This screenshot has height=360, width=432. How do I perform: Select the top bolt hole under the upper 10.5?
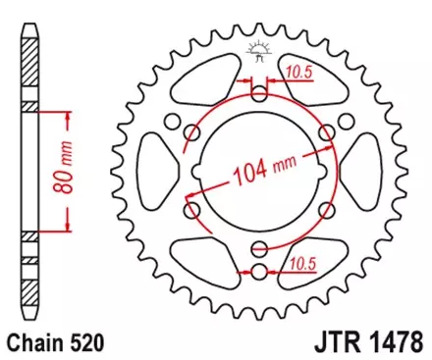[x=259, y=95]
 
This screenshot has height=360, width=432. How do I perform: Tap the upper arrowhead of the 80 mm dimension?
[x=69, y=116]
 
